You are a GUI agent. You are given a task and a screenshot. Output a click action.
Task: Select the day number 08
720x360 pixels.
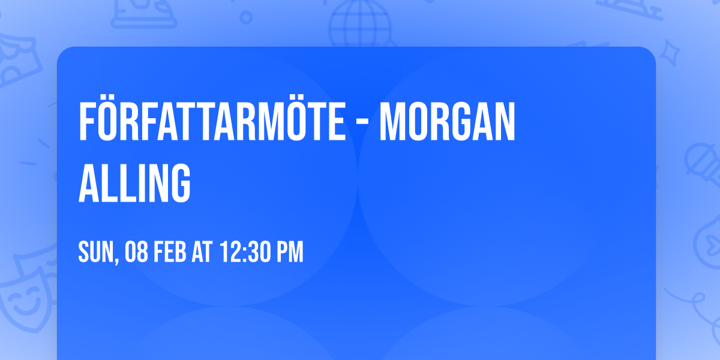coord(136,253)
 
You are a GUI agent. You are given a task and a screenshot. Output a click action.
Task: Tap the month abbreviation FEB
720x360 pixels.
coord(169,253)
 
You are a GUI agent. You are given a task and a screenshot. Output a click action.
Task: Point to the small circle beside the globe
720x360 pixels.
coord(246,18)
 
